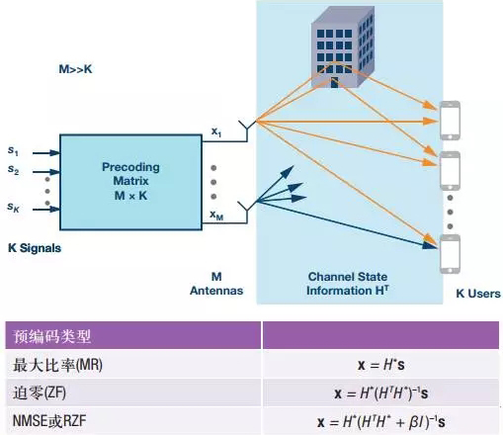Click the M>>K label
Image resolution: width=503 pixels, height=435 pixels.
point(75,69)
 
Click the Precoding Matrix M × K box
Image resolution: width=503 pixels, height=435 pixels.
point(130,182)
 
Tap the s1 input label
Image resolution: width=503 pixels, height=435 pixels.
point(13,150)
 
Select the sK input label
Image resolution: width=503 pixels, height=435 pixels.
point(13,207)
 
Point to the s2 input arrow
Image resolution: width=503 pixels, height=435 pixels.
point(46,172)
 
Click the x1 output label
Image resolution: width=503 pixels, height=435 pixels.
point(216,131)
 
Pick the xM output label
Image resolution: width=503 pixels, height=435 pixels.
point(216,215)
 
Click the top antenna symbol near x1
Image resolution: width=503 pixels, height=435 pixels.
point(247,130)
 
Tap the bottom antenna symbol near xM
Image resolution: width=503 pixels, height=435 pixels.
point(247,212)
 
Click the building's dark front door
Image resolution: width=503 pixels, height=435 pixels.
point(334,82)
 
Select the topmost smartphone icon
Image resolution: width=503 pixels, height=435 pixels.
point(450,121)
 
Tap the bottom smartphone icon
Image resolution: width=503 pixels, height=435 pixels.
point(450,254)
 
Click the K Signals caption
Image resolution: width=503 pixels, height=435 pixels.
point(35,248)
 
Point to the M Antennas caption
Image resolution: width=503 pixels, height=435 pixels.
point(216,284)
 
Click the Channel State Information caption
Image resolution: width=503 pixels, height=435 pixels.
point(348,284)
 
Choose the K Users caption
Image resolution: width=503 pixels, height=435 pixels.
point(478,294)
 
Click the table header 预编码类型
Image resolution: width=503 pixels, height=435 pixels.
point(51,336)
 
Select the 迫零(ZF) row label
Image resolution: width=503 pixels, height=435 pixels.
point(40,392)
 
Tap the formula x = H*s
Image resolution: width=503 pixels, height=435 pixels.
point(381,365)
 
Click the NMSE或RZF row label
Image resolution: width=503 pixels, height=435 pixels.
point(49,421)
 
